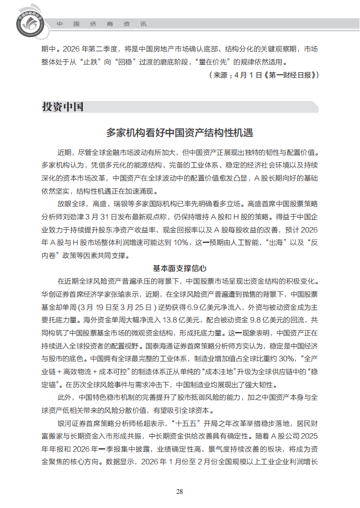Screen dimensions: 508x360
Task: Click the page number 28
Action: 179,491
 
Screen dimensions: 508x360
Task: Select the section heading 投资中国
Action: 63,107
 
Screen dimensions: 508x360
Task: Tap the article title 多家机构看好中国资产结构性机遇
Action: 179,132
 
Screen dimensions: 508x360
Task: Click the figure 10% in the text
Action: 179,243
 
